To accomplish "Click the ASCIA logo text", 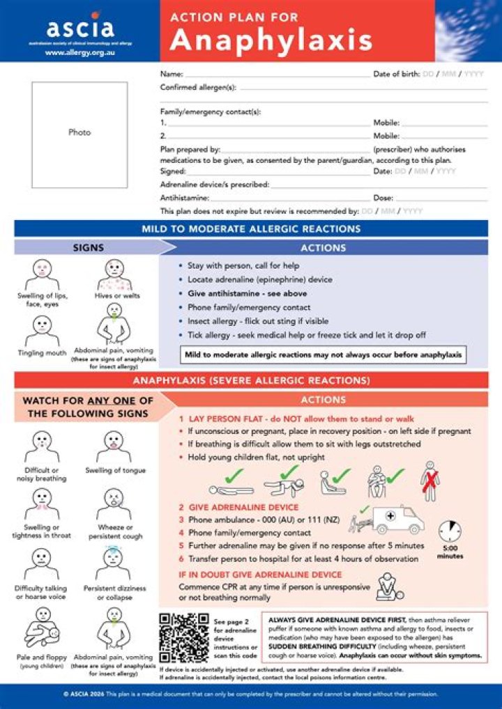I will (79, 29).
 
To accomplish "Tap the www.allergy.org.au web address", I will (79, 52).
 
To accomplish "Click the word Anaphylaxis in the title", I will (271, 41).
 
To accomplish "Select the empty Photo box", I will (79, 134).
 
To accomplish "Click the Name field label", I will (172, 74).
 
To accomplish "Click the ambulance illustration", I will (396, 518).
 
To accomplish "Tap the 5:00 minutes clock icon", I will (450, 533).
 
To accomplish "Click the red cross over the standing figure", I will (430, 480).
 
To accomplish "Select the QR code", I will (183, 638).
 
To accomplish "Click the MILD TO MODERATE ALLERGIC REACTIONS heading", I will (251, 228).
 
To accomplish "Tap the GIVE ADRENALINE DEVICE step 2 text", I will (238, 507).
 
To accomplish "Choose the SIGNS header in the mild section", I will (89, 247).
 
